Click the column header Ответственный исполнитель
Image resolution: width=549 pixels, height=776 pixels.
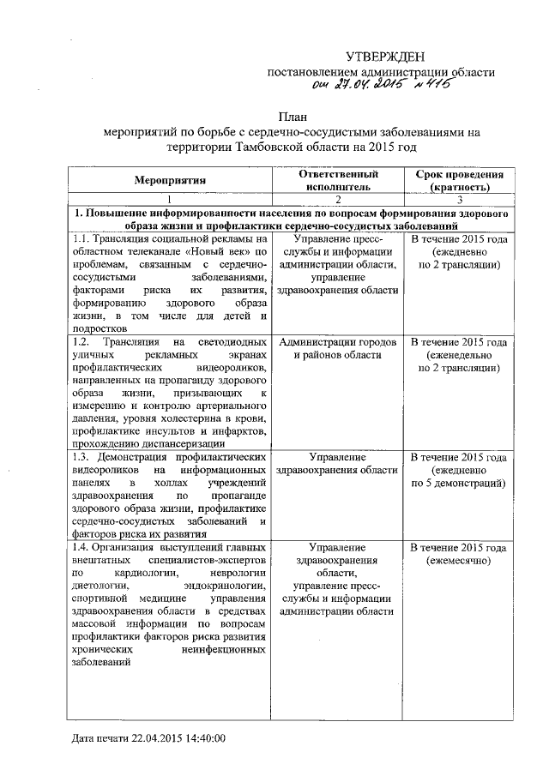click(x=338, y=179)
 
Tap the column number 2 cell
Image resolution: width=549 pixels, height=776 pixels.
click(x=338, y=197)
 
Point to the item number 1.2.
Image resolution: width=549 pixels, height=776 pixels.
click(x=83, y=342)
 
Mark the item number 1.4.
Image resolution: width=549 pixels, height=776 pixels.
click(x=83, y=547)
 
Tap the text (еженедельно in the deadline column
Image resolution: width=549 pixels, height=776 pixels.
click(x=459, y=355)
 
